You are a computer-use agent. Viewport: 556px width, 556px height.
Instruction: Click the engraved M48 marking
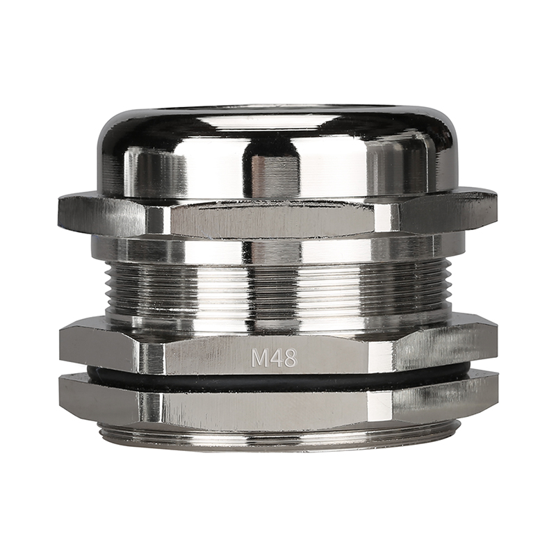point(273,358)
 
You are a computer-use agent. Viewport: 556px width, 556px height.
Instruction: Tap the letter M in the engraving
point(259,358)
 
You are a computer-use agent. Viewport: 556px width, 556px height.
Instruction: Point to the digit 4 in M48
point(275,358)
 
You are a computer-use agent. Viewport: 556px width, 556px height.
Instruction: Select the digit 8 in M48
point(290,358)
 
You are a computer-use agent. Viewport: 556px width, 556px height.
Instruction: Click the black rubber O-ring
point(277,380)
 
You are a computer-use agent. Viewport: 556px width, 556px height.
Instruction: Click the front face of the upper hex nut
point(273,220)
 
